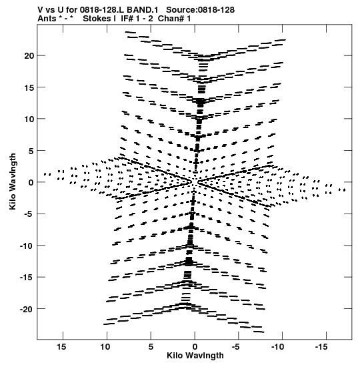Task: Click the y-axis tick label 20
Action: click(29, 56)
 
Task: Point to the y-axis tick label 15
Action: click(29, 87)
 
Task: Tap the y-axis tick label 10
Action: click(29, 119)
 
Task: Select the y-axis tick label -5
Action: click(29, 214)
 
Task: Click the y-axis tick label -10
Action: click(27, 246)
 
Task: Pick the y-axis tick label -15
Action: click(27, 277)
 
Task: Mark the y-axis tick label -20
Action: click(27, 309)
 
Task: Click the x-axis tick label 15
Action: click(61, 347)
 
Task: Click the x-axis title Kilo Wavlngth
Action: click(195, 356)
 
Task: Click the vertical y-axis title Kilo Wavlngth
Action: click(13, 181)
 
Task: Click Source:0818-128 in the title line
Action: click(201, 10)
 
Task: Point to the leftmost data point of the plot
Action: click(45, 174)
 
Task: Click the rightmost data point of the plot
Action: click(345, 190)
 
